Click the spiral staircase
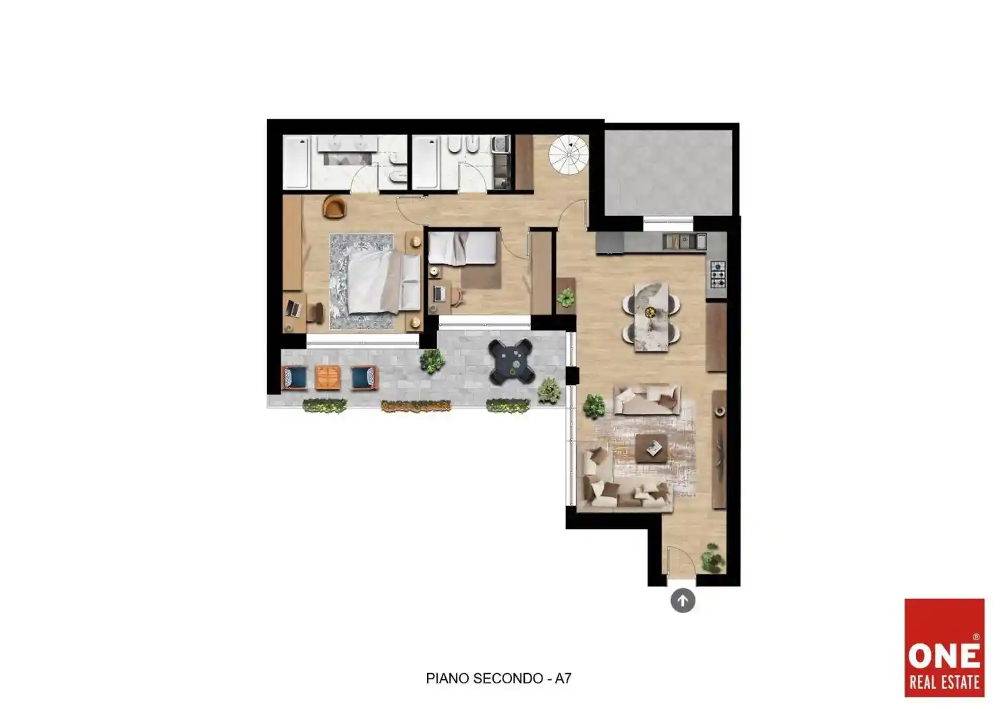(569, 155)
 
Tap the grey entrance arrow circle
(683, 600)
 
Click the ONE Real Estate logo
(944, 648)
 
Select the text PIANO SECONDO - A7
(498, 679)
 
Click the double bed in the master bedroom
(384, 282)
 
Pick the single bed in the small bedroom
(462, 248)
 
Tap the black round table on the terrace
(511, 361)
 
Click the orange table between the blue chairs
(328, 377)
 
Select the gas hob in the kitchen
(718, 273)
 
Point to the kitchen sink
(684, 242)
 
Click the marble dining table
(651, 317)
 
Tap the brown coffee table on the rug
(652, 448)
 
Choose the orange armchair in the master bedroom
(335, 207)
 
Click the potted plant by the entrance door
(712, 558)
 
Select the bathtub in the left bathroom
(296, 162)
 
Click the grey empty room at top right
(668, 173)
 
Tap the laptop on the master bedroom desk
(293, 308)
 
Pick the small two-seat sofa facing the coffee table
(647, 400)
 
